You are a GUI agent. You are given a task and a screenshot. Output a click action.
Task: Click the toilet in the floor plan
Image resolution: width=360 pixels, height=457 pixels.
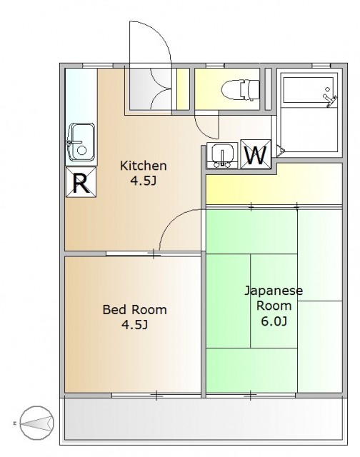pyautogui.click(x=240, y=89)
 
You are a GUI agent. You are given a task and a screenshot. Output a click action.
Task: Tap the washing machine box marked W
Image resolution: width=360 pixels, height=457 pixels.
pyautogui.click(x=256, y=154)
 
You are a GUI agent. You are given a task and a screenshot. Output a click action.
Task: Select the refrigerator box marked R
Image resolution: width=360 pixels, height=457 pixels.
pyautogui.click(x=81, y=182)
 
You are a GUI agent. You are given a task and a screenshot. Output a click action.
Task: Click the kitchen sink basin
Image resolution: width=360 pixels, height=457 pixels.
pyautogui.click(x=81, y=143)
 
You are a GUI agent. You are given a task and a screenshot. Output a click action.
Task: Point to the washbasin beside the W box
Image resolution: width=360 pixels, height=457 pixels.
pyautogui.click(x=222, y=156)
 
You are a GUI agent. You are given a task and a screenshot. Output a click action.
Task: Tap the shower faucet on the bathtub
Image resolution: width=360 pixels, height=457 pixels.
pyautogui.click(x=329, y=99)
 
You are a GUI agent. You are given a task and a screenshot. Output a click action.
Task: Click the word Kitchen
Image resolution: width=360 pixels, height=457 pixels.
pyautogui.click(x=144, y=166)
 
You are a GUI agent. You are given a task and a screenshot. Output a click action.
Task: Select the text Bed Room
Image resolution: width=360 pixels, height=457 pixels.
pyautogui.click(x=135, y=309)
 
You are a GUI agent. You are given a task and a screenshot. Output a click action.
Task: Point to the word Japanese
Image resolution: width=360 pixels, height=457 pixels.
pyautogui.click(x=274, y=291)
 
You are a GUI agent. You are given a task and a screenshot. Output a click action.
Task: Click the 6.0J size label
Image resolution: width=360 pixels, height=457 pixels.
pyautogui.click(x=274, y=321)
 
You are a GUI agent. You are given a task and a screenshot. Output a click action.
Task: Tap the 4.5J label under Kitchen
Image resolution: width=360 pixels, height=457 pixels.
pyautogui.click(x=143, y=181)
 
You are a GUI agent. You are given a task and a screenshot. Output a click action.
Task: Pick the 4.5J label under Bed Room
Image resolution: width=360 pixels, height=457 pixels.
pyautogui.click(x=135, y=324)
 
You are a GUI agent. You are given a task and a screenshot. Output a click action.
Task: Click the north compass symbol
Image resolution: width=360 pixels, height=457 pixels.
pyautogui.click(x=37, y=423)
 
